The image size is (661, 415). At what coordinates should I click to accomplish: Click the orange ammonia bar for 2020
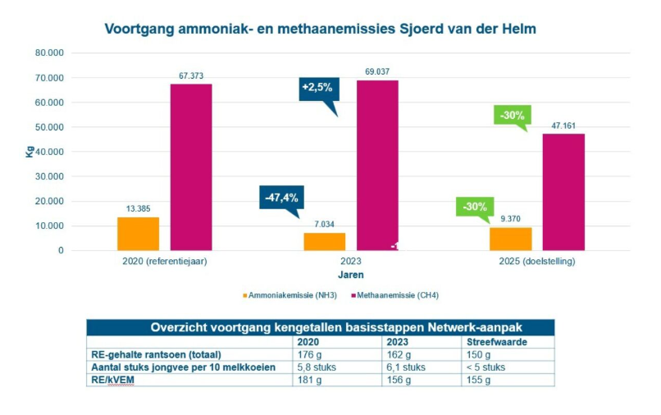pyautogui.click(x=138, y=233)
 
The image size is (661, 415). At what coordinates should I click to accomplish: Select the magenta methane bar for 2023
pyautogui.click(x=377, y=164)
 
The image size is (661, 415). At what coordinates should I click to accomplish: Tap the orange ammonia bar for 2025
pyautogui.click(x=510, y=239)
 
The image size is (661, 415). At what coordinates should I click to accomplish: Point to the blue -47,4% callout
pyautogui.click(x=280, y=198)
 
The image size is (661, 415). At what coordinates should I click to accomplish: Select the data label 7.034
pyautogui.click(x=324, y=224)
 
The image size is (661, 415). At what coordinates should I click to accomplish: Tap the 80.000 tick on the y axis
pyautogui.click(x=49, y=53)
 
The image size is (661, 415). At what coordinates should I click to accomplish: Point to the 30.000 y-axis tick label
pyautogui.click(x=49, y=176)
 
